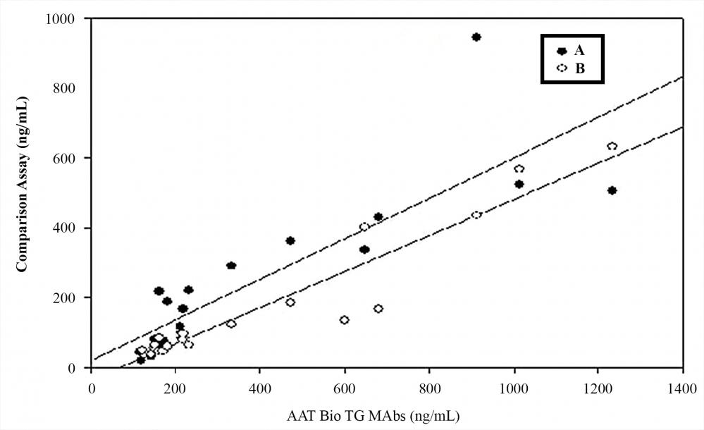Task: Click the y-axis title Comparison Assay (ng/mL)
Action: [23, 192]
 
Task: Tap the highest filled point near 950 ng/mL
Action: [476, 37]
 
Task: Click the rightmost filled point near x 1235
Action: [612, 190]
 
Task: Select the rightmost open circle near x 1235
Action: [612, 147]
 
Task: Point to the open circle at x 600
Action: [345, 320]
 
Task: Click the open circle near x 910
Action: [476, 215]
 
